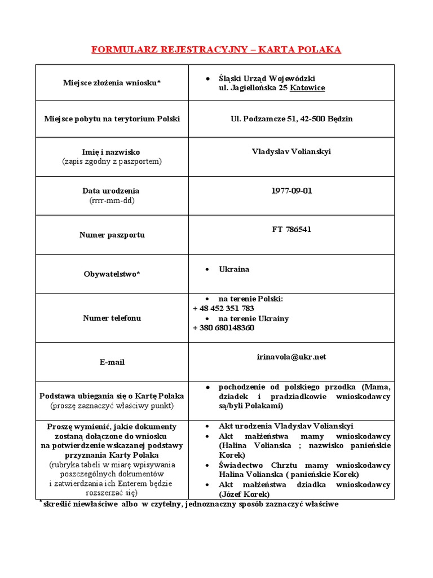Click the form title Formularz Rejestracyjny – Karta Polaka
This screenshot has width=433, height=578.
pos(216,50)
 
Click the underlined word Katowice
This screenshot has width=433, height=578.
pos(307,88)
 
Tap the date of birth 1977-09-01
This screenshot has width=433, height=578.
pos(291,191)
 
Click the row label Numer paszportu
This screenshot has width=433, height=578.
pos(112,235)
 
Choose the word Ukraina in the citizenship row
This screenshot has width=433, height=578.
pos(234,269)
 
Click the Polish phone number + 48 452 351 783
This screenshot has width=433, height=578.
pos(223,308)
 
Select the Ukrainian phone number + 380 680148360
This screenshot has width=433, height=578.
pos(223,328)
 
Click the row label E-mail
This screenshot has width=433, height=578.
pos(112,362)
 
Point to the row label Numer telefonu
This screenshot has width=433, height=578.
pos(112,318)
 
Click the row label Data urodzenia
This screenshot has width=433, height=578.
pos(112,191)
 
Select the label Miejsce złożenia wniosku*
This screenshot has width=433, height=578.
pos(112,83)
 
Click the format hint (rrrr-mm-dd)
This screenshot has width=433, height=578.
pos(112,200)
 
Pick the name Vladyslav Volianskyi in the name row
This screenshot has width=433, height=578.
pos(291,152)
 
